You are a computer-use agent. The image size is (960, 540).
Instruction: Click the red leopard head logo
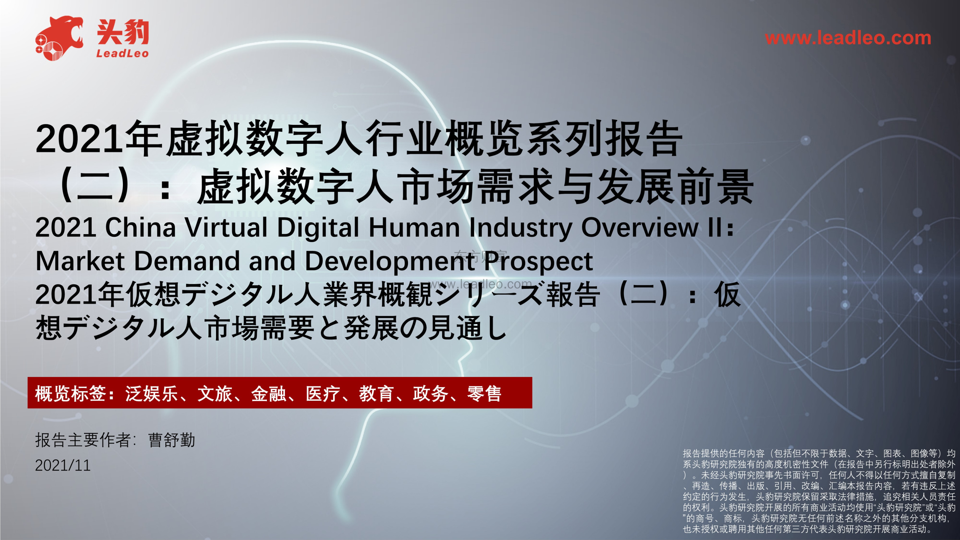pyautogui.click(x=59, y=38)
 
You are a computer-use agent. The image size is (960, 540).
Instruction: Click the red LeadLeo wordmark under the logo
pyautogui.click(x=122, y=54)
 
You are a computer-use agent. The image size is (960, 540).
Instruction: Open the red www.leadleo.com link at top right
pyautogui.click(x=848, y=38)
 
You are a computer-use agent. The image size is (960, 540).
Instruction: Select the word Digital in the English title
pyautogui.click(x=318, y=228)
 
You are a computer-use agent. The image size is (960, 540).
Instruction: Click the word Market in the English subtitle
pyautogui.click(x=80, y=261)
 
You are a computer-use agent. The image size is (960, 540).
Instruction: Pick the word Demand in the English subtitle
pyautogui.click(x=187, y=261)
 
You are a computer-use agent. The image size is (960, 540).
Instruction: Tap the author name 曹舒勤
pyautogui.click(x=172, y=440)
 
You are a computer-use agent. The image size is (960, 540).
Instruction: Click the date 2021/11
pyautogui.click(x=63, y=465)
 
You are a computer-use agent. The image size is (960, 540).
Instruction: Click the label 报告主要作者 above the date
pyautogui.click(x=83, y=440)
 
